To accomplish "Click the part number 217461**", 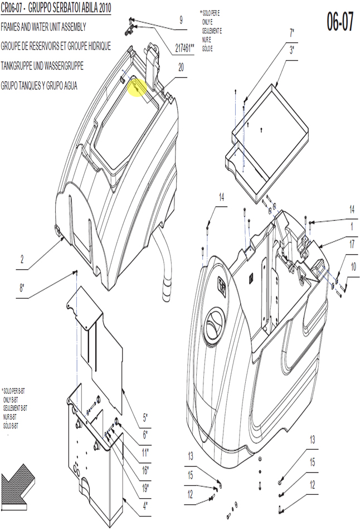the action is pyautogui.click(x=184, y=48).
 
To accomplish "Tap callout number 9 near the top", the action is pyautogui.click(x=181, y=20).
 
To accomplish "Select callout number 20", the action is pyautogui.click(x=181, y=67).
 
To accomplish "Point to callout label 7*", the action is pyautogui.click(x=291, y=33).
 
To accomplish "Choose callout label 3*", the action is pyautogui.click(x=291, y=51).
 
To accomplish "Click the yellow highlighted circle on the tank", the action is pyautogui.click(x=137, y=87).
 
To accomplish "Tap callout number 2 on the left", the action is pyautogui.click(x=22, y=260).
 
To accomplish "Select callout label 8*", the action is pyautogui.click(x=22, y=288).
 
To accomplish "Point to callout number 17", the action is pyautogui.click(x=352, y=244).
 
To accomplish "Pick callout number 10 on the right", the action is pyautogui.click(x=353, y=267).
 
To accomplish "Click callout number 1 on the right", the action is pyautogui.click(x=352, y=226).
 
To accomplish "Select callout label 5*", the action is pyautogui.click(x=145, y=418).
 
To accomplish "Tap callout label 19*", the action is pyautogui.click(x=145, y=488).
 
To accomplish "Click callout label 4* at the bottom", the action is pyautogui.click(x=145, y=506).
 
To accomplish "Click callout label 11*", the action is pyautogui.click(x=145, y=452).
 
